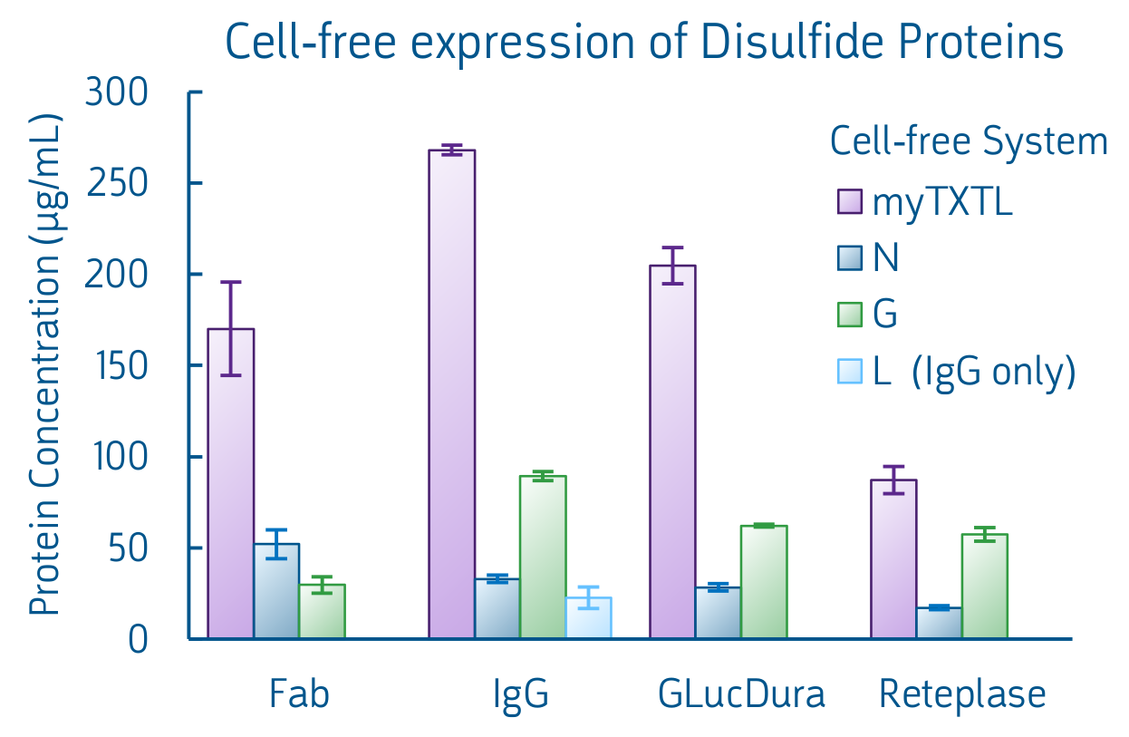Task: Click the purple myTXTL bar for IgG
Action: pyautogui.click(x=452, y=394)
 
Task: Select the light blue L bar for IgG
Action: pyautogui.click(x=588, y=618)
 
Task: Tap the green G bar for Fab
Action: pyautogui.click(x=322, y=612)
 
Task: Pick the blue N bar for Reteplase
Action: pyautogui.click(x=939, y=624)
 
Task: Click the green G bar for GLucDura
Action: pyautogui.click(x=764, y=582)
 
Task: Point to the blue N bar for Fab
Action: pyautogui.click(x=276, y=591)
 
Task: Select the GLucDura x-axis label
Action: pyautogui.click(x=741, y=695)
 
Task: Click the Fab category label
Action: pyautogui.click(x=299, y=695)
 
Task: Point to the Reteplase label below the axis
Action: pyautogui.click(x=961, y=695)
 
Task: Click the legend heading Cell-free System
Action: pyautogui.click(x=969, y=141)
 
